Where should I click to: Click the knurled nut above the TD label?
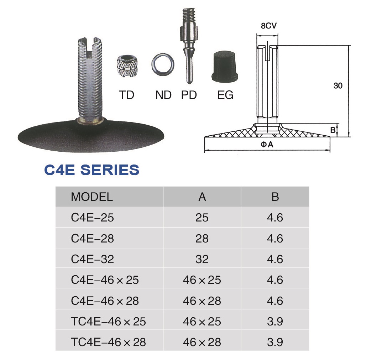(x=127, y=66)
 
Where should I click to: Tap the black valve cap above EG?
(x=225, y=66)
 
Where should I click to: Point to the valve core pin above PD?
(x=189, y=46)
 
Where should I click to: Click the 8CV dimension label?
(x=269, y=26)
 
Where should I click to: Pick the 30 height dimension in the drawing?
(x=338, y=85)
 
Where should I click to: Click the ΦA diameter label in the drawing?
(x=267, y=144)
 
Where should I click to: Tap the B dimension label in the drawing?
(x=333, y=130)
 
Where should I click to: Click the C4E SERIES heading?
(x=91, y=170)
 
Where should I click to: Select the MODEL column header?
(x=92, y=197)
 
